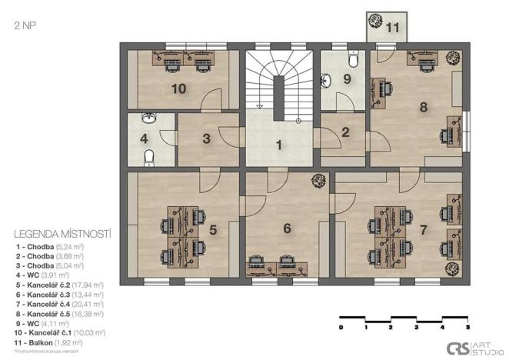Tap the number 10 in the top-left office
tap(178, 88)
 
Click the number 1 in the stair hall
tap(280, 144)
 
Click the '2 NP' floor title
tap(24, 25)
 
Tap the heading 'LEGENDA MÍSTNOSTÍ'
tap(64, 232)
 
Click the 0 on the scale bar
tap(341, 327)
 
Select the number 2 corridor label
tap(345, 132)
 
